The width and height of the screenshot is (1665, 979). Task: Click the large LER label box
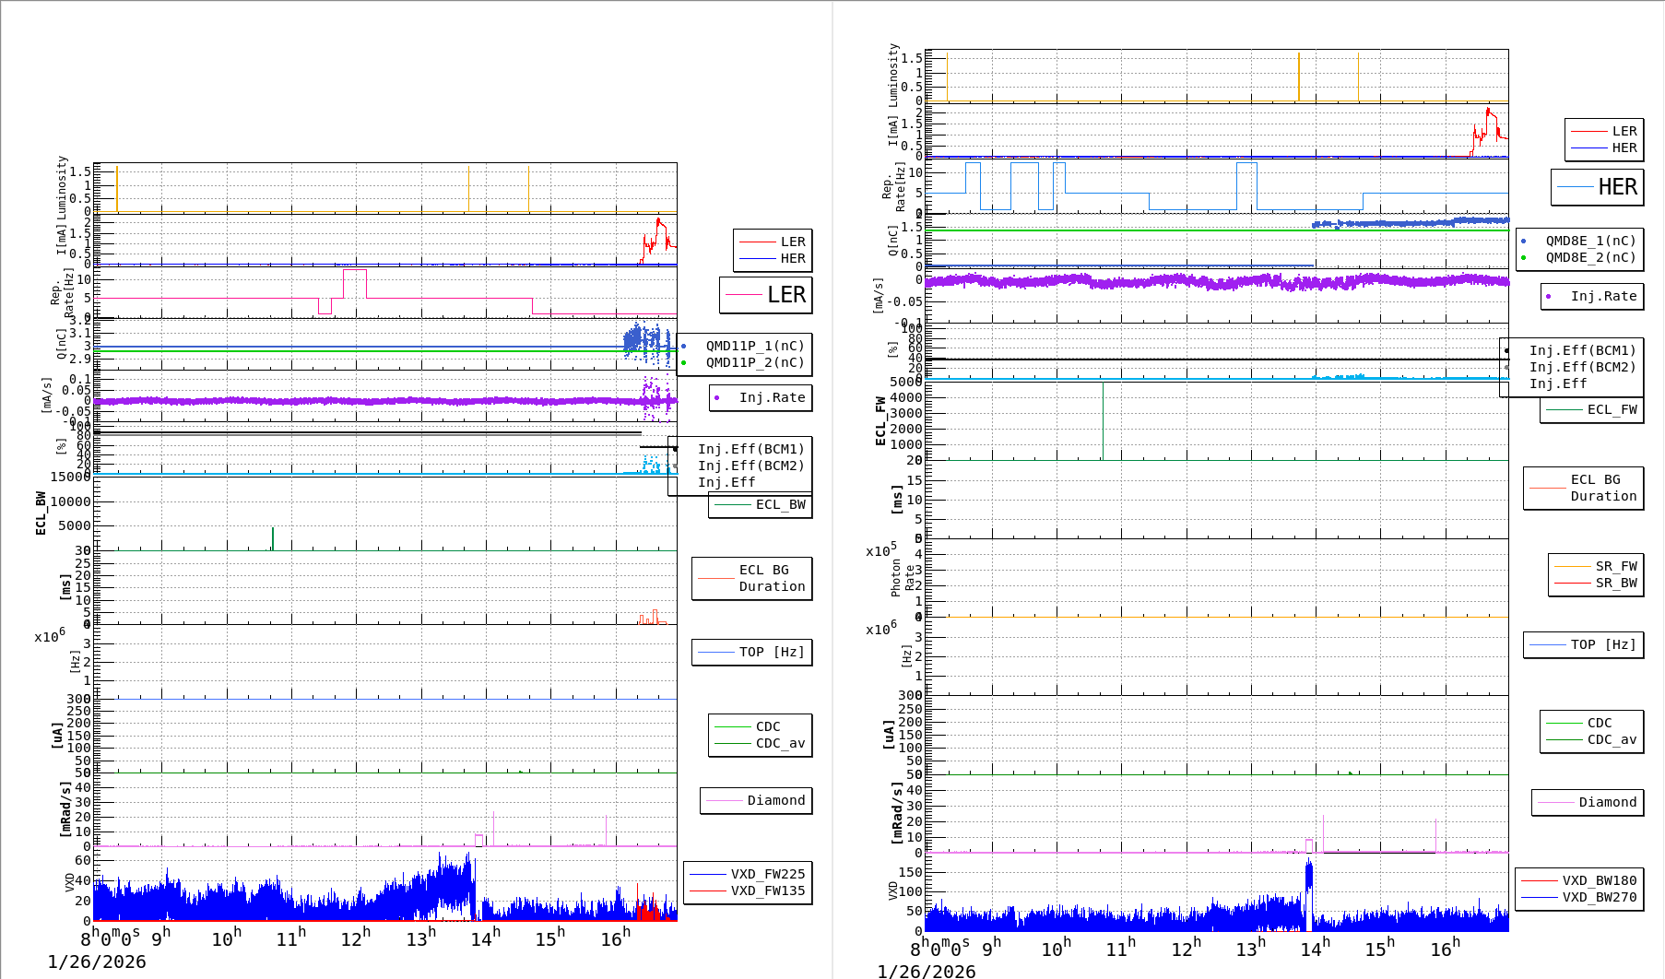coord(766,295)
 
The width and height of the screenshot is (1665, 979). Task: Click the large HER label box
coord(1598,187)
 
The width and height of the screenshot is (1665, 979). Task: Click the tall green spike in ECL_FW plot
coord(1103,419)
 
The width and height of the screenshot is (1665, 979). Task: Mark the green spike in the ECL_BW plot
coord(273,538)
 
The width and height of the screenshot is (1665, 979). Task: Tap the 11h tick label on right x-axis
coord(1121,949)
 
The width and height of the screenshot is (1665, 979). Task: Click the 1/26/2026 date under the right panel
coord(927,971)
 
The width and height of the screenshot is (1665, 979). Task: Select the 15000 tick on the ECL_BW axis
coord(71,477)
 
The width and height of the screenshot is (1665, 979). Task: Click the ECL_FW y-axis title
coord(880,421)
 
